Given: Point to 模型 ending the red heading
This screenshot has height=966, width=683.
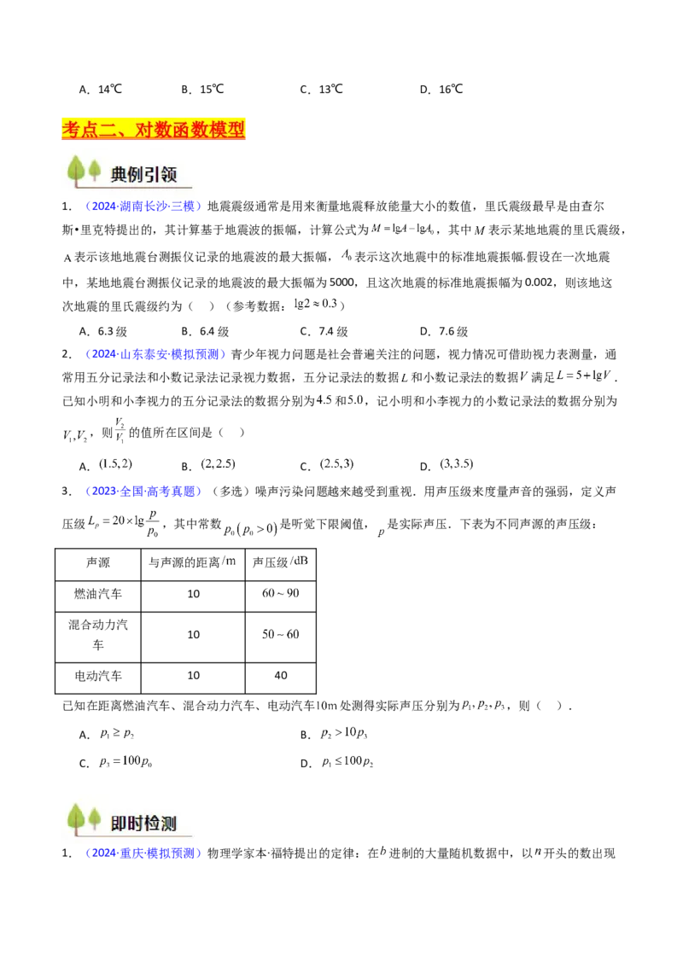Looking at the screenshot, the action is (x=229, y=130).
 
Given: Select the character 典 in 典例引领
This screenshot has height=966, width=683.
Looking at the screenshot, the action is (x=120, y=174).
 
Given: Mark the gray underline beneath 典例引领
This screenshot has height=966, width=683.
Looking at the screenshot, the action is (x=150, y=187).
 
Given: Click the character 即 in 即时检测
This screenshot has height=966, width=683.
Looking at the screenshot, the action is (x=120, y=823).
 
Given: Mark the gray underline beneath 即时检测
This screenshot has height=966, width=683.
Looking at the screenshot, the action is (x=150, y=835).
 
